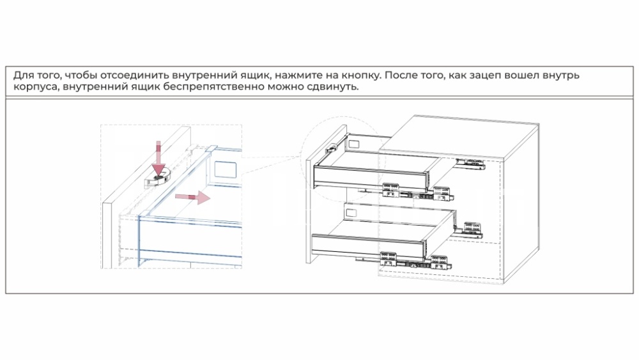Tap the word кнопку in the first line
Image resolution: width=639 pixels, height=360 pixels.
(x=361, y=75)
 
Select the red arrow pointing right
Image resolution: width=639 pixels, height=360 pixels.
(x=193, y=198)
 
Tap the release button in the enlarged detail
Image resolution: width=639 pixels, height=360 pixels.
(x=157, y=178)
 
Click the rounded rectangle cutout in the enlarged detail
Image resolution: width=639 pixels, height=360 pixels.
(x=226, y=169)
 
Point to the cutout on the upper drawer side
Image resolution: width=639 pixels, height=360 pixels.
(x=353, y=144)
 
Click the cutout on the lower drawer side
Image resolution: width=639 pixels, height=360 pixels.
(x=351, y=213)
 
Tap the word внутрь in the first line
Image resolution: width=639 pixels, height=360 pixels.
(x=562, y=76)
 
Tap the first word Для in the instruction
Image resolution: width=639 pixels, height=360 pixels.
(x=23, y=76)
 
